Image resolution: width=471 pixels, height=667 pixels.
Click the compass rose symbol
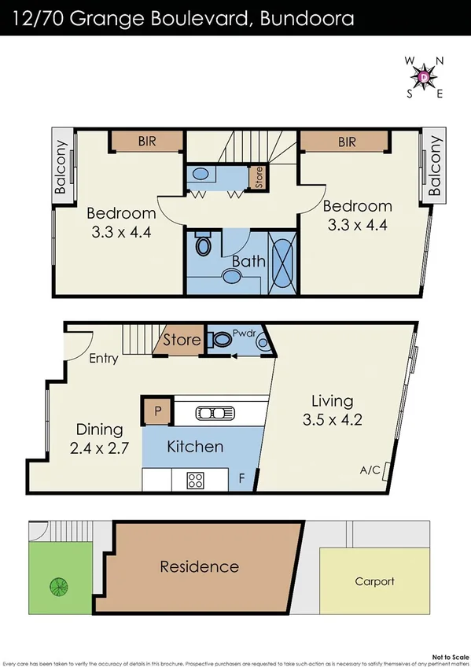[424, 76]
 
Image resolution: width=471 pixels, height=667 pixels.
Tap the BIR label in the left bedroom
[147, 142]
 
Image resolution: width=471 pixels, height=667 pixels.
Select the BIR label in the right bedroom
[347, 142]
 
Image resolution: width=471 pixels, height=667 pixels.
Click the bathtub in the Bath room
[281, 259]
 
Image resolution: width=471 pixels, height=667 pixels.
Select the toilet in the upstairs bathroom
[204, 245]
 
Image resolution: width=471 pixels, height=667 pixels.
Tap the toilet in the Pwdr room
[223, 341]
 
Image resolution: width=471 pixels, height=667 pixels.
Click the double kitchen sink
[212, 412]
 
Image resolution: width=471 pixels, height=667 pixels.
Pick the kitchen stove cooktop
[195, 479]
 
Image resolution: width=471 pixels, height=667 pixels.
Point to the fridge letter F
[241, 478]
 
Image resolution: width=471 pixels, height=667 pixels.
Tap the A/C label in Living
[371, 470]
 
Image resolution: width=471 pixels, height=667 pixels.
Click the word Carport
[375, 582]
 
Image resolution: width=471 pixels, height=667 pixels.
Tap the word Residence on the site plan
[199, 566]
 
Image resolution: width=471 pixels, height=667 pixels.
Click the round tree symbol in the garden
[57, 587]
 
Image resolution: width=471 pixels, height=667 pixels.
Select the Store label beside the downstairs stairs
[182, 341]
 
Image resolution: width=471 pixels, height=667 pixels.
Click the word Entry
[105, 359]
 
